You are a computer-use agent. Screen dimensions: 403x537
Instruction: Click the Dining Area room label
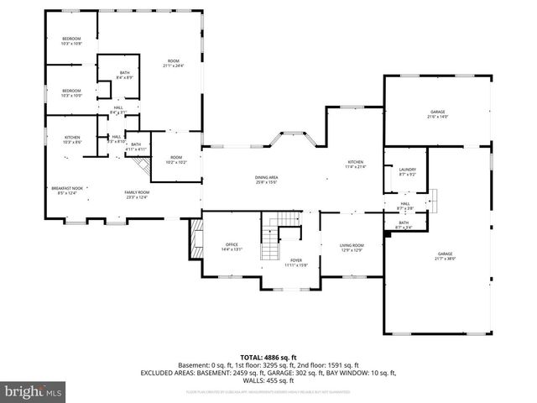pos(267,179)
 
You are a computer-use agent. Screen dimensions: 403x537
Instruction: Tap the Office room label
pos(232,247)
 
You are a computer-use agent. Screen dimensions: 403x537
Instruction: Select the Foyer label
pos(296,263)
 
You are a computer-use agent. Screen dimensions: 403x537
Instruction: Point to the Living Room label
pos(351,247)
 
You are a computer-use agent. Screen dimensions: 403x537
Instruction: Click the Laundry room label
pos(408,172)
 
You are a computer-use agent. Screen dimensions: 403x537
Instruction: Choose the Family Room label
pos(137,195)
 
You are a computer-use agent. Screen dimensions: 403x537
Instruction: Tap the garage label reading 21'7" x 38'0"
pos(445,256)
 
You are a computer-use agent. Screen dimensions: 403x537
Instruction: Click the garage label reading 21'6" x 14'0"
pos(438,114)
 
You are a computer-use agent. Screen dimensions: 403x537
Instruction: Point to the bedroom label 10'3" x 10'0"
pos(71,92)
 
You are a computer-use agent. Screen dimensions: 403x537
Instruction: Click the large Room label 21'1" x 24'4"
pos(173,63)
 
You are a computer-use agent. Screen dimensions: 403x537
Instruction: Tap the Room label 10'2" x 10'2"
pos(176,160)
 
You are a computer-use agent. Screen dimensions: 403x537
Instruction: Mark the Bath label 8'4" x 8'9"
pos(123,75)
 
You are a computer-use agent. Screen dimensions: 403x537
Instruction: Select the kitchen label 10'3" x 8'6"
pos(72,140)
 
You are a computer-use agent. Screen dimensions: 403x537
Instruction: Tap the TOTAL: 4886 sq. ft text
pos(268,357)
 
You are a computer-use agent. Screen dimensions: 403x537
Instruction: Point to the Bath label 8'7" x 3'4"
pos(404,224)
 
